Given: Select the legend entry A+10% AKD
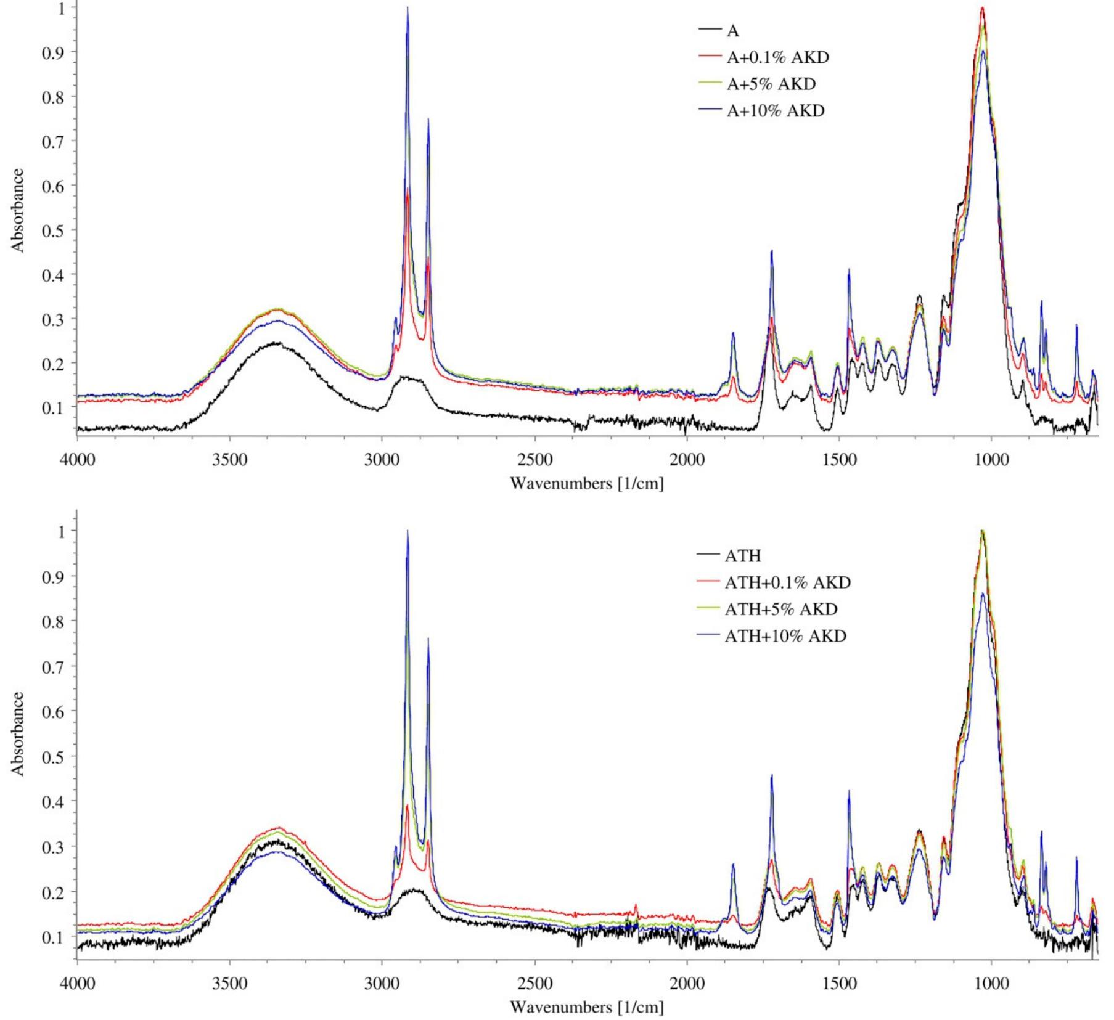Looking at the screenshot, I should (775, 111).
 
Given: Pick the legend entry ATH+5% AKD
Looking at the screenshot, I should (780, 609).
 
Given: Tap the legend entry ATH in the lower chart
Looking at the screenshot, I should (742, 556).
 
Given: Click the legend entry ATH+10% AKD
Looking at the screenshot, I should (785, 635).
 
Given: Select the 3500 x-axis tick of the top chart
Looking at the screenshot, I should (229, 461).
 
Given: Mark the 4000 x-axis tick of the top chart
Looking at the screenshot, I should (77, 461).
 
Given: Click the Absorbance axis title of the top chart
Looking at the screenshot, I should (18, 210).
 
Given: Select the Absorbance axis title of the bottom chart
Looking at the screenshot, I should (18, 733).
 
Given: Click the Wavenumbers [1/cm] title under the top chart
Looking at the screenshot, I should (586, 483).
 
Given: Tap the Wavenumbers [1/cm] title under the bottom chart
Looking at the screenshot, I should (586, 1007).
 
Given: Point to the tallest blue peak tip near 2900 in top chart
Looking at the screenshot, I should (407, 8).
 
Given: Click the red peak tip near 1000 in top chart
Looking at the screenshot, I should (982, 8).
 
